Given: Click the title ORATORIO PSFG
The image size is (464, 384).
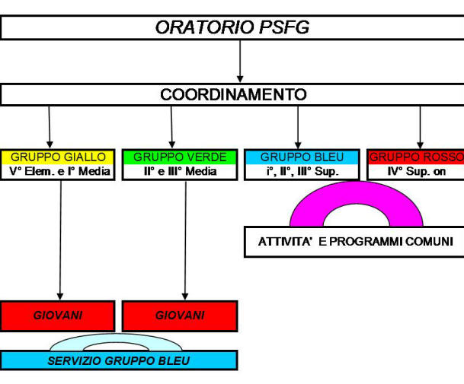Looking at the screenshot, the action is point(232,27).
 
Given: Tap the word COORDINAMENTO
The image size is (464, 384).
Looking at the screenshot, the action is point(233,94).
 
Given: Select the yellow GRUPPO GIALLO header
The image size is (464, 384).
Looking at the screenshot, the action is point(58,157).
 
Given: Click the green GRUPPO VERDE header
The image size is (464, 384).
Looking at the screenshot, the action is point(180,157).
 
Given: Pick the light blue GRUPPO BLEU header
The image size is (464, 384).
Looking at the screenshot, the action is point(302,157).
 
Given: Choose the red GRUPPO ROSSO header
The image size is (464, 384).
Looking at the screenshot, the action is point(416,157).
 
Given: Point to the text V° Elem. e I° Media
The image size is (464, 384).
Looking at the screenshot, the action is point(59,171).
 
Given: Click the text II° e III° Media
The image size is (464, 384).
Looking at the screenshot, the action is point(181,171).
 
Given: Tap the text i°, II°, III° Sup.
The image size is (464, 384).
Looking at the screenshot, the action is point(302,171).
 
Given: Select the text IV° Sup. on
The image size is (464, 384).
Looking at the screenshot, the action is point(417,171).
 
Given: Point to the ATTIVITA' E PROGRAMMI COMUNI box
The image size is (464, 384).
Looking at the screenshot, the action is point(354,242).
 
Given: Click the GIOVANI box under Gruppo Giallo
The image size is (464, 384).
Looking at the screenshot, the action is point(57,316).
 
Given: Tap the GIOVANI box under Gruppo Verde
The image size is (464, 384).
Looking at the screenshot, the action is point(180,316).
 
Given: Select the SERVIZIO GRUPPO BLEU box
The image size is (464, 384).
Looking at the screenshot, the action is point(119,360).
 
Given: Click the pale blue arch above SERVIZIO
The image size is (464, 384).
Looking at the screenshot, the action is point(116,338).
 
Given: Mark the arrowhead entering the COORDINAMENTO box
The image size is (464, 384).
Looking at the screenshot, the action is point(240,79).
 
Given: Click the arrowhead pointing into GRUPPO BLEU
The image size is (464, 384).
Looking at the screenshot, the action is point(298,145).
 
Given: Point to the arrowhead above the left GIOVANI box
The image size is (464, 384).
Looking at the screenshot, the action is point(60,297).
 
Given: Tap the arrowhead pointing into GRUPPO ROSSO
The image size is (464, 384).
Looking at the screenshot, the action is point(421,145).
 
